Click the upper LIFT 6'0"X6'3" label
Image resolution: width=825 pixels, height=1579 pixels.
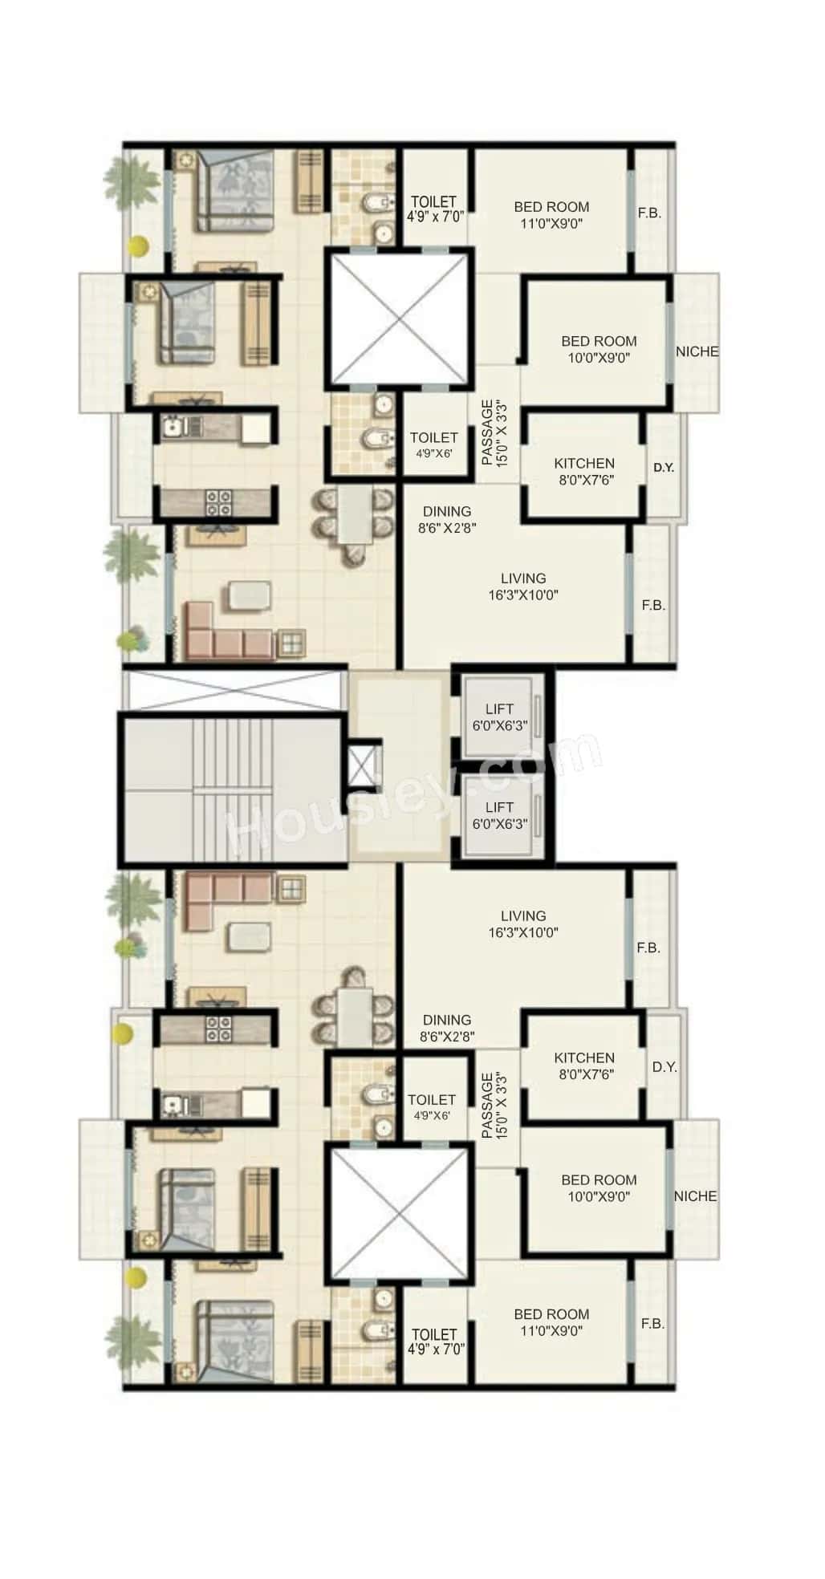pos(498,717)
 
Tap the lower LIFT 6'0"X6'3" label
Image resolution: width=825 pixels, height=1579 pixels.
pos(498,815)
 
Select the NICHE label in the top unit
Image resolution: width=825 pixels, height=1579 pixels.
pos(697,351)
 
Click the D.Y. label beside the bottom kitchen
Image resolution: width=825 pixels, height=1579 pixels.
pos(664,1067)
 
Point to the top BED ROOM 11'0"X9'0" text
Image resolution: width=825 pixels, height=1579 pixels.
pos(551,215)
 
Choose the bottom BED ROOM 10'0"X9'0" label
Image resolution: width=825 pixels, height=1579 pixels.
pos(599,1187)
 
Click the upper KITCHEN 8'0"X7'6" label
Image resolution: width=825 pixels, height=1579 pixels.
pos(584,472)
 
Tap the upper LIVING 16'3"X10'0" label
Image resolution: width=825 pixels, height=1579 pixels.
pos(523,587)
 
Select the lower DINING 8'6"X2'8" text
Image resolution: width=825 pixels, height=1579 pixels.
pos(447,1028)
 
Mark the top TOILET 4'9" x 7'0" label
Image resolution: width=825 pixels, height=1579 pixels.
pos(434,209)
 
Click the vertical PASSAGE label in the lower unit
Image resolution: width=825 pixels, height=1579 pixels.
pos(492,1106)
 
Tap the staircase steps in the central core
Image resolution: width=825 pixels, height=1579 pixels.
pos(233,790)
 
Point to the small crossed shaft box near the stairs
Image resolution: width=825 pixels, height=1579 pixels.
pos(364,766)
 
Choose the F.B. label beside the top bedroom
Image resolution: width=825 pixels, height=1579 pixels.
pos(649,213)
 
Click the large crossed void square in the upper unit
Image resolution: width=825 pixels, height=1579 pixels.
pos(396,317)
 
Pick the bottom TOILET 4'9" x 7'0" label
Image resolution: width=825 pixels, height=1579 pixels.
pos(434,1342)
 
